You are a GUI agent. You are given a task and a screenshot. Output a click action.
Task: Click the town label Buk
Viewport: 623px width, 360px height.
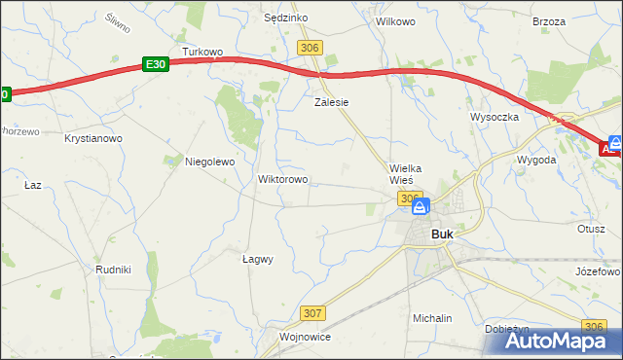point(442,234)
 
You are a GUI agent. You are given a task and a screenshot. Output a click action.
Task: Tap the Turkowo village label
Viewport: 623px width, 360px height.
point(202,52)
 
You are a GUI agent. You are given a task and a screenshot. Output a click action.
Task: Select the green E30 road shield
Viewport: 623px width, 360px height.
point(155,63)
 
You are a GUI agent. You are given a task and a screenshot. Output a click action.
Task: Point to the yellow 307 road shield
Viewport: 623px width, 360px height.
point(311,312)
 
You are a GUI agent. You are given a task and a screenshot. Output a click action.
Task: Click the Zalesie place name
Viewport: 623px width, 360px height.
point(331,101)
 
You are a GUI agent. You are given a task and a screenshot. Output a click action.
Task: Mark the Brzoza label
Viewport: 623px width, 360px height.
point(549,20)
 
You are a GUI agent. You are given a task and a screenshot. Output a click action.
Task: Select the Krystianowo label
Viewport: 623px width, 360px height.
point(93,139)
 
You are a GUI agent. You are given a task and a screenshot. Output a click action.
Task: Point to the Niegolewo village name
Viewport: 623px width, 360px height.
point(210,162)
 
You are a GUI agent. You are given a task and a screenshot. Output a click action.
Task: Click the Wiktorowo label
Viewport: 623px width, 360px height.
point(282,180)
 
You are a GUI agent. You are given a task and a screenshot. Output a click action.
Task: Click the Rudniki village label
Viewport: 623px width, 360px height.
point(113,269)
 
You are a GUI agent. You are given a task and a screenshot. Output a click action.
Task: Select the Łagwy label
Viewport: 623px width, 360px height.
point(257,260)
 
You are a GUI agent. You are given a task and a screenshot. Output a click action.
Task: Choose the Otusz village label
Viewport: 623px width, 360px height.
point(591,229)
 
